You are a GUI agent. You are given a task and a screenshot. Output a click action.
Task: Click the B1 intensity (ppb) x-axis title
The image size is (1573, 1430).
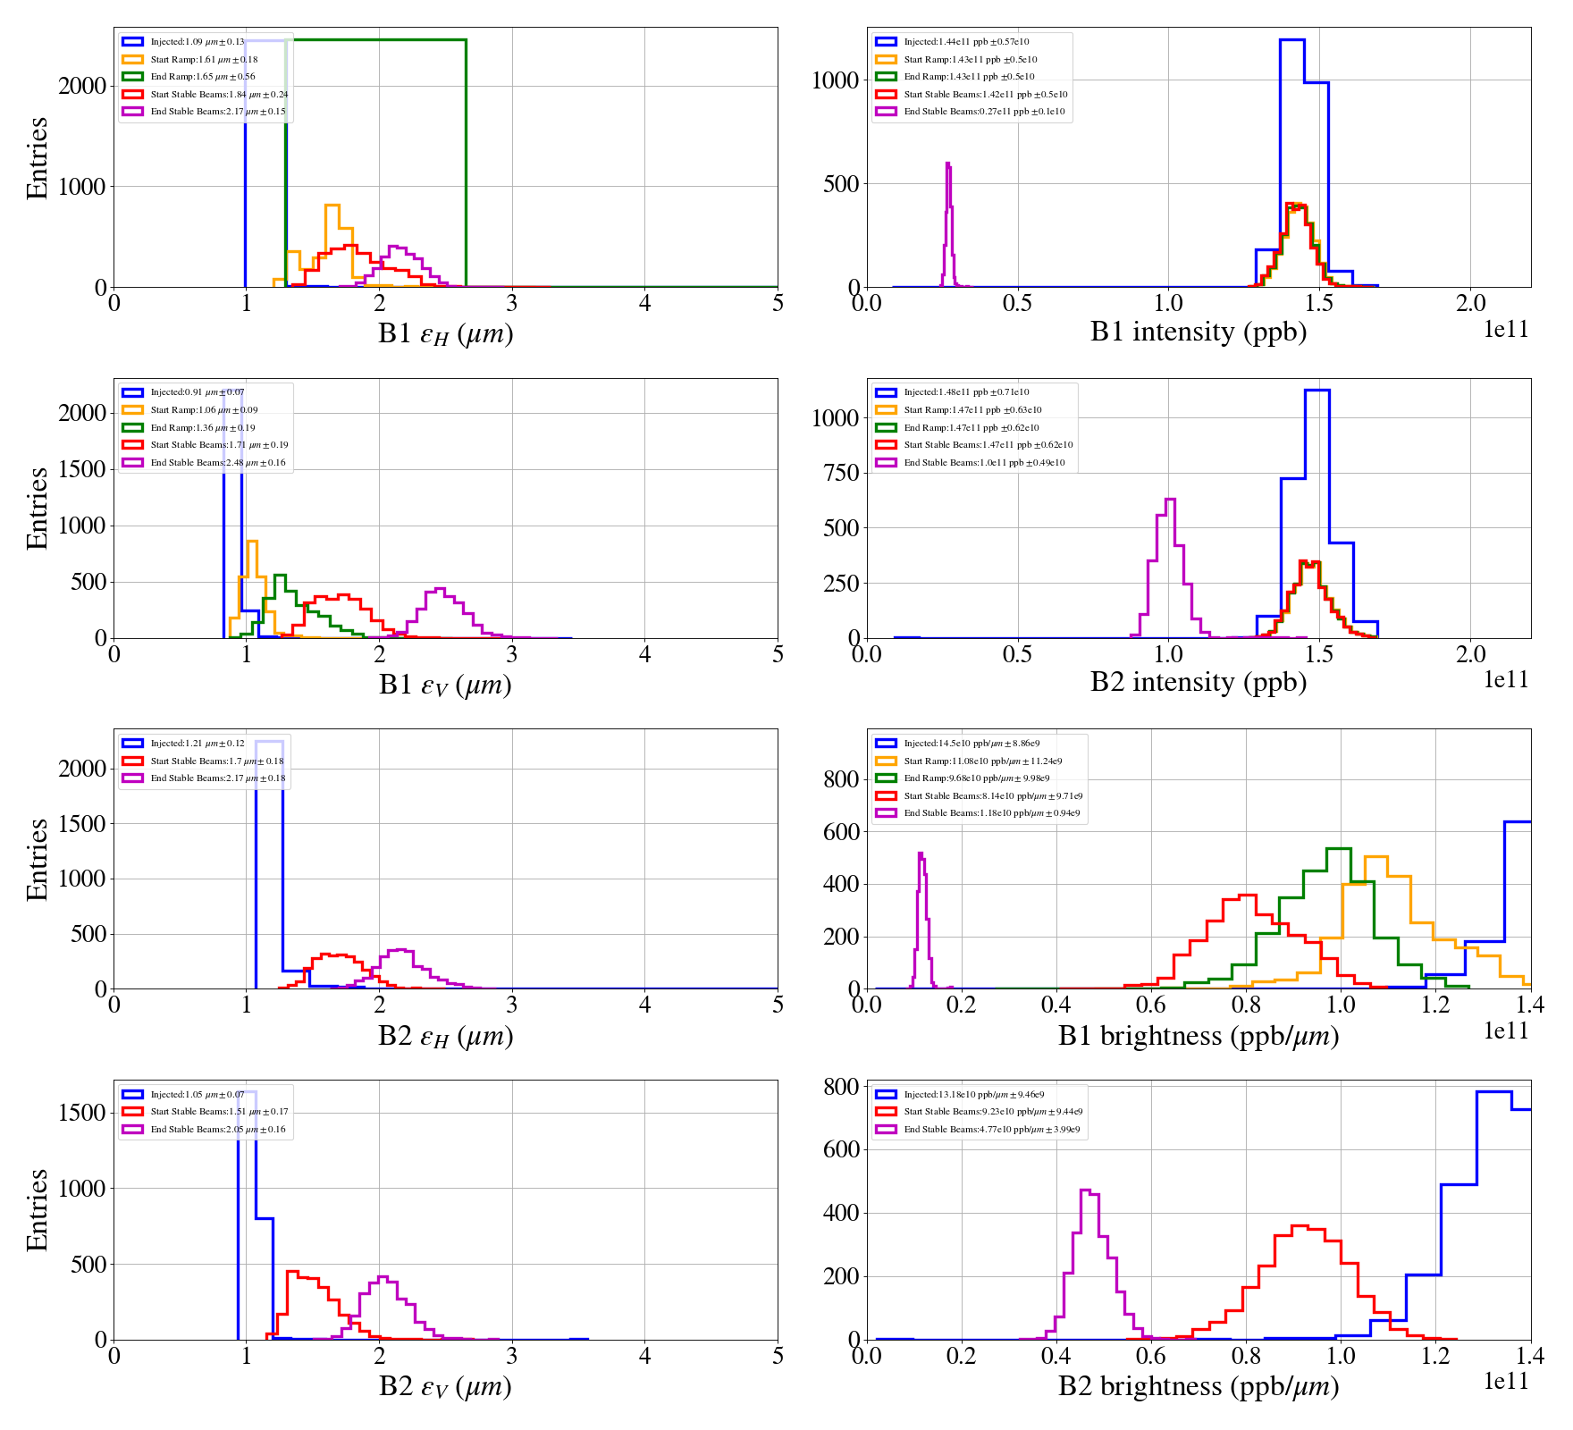pyautogui.click(x=1198, y=332)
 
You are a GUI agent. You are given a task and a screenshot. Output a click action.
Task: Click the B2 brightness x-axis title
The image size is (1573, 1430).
pyautogui.click(x=1198, y=1386)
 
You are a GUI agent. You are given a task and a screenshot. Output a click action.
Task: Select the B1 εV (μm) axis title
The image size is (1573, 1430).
pyautogui.click(x=445, y=685)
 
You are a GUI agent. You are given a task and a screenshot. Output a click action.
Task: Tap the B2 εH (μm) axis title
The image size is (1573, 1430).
pyautogui.click(x=445, y=1036)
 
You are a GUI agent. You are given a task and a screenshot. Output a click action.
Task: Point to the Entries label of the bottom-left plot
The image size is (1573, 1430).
pyautogui.click(x=37, y=1209)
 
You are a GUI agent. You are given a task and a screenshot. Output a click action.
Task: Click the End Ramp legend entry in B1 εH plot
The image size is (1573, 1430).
pyautogui.click(x=202, y=77)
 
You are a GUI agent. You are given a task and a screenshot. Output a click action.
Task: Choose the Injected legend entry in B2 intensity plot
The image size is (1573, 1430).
pyautogui.click(x=965, y=392)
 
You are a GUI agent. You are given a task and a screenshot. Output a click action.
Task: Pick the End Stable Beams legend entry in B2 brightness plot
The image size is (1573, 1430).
pyautogui.click(x=991, y=1130)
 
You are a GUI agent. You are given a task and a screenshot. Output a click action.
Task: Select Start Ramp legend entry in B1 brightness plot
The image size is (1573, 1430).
pyautogui.click(x=982, y=761)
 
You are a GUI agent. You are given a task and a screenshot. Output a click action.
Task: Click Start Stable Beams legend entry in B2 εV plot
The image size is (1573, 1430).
pyautogui.click(x=219, y=1112)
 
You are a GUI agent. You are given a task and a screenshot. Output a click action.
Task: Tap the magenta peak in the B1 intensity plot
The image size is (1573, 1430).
pyautogui.click(x=947, y=164)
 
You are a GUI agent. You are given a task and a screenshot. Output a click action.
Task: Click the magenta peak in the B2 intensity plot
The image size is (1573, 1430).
pyautogui.click(x=1170, y=500)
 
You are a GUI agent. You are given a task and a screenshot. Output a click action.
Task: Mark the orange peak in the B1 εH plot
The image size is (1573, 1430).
pyautogui.click(x=332, y=206)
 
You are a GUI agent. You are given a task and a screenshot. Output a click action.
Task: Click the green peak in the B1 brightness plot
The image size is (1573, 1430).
pyautogui.click(x=1338, y=849)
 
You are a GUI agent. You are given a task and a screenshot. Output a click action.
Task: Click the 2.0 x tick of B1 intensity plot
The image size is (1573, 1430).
pyautogui.click(x=1470, y=304)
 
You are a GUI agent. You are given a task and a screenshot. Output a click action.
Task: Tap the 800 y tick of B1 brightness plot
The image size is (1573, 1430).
pyautogui.click(x=841, y=779)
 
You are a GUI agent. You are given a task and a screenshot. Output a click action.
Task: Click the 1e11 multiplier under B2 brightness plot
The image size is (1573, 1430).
pyautogui.click(x=1506, y=1382)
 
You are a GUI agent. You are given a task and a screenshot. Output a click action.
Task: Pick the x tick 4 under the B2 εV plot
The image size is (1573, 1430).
pyautogui.click(x=644, y=1356)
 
